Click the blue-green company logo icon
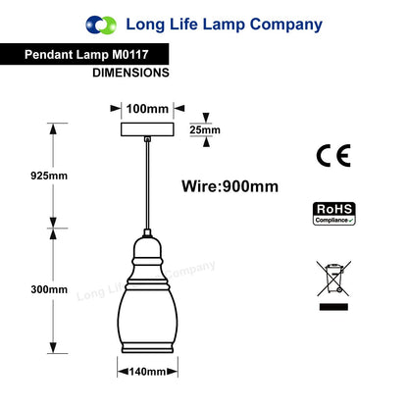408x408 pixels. tap(101, 25)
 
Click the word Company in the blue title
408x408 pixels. tap(286, 25)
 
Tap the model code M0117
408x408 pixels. tap(130, 54)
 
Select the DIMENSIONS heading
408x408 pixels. tap(130, 73)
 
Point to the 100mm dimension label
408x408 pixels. tap(147, 109)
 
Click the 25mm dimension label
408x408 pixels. tap(205, 129)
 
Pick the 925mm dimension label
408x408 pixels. tap(49, 176)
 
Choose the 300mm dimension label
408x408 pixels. tap(49, 289)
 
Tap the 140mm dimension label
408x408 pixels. tap(147, 372)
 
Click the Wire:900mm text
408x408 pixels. tap(230, 186)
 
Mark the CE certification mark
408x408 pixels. tap(333, 156)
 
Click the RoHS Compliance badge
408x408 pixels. tap(334, 214)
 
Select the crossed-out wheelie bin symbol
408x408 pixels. tap(333, 279)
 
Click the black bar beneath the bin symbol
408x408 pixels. tap(333, 307)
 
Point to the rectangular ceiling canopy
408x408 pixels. tap(147, 129)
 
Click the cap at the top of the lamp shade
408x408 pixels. tap(147, 232)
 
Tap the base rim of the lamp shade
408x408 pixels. tap(147, 348)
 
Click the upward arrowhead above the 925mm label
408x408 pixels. tap(53, 129)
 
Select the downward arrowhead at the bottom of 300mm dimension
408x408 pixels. tap(53, 347)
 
